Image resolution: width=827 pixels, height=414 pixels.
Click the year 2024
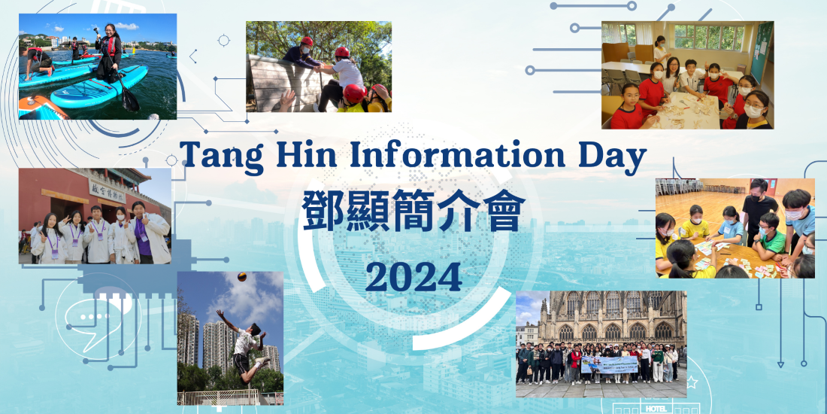tap(413, 277)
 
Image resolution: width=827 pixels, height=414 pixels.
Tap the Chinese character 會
tap(504, 210)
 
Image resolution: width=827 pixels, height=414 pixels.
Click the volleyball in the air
tap(241, 277)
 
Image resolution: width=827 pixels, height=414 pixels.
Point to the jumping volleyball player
tap(245, 343)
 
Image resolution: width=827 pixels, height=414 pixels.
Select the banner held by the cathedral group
tap(609, 364)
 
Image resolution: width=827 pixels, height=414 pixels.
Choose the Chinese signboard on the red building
tap(107, 190)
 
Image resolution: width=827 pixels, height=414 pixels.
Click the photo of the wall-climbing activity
tap(319, 66)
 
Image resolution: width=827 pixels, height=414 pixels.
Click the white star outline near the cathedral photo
tap(692, 382)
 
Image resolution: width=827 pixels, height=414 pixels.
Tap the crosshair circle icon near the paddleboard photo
tap(223, 40)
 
